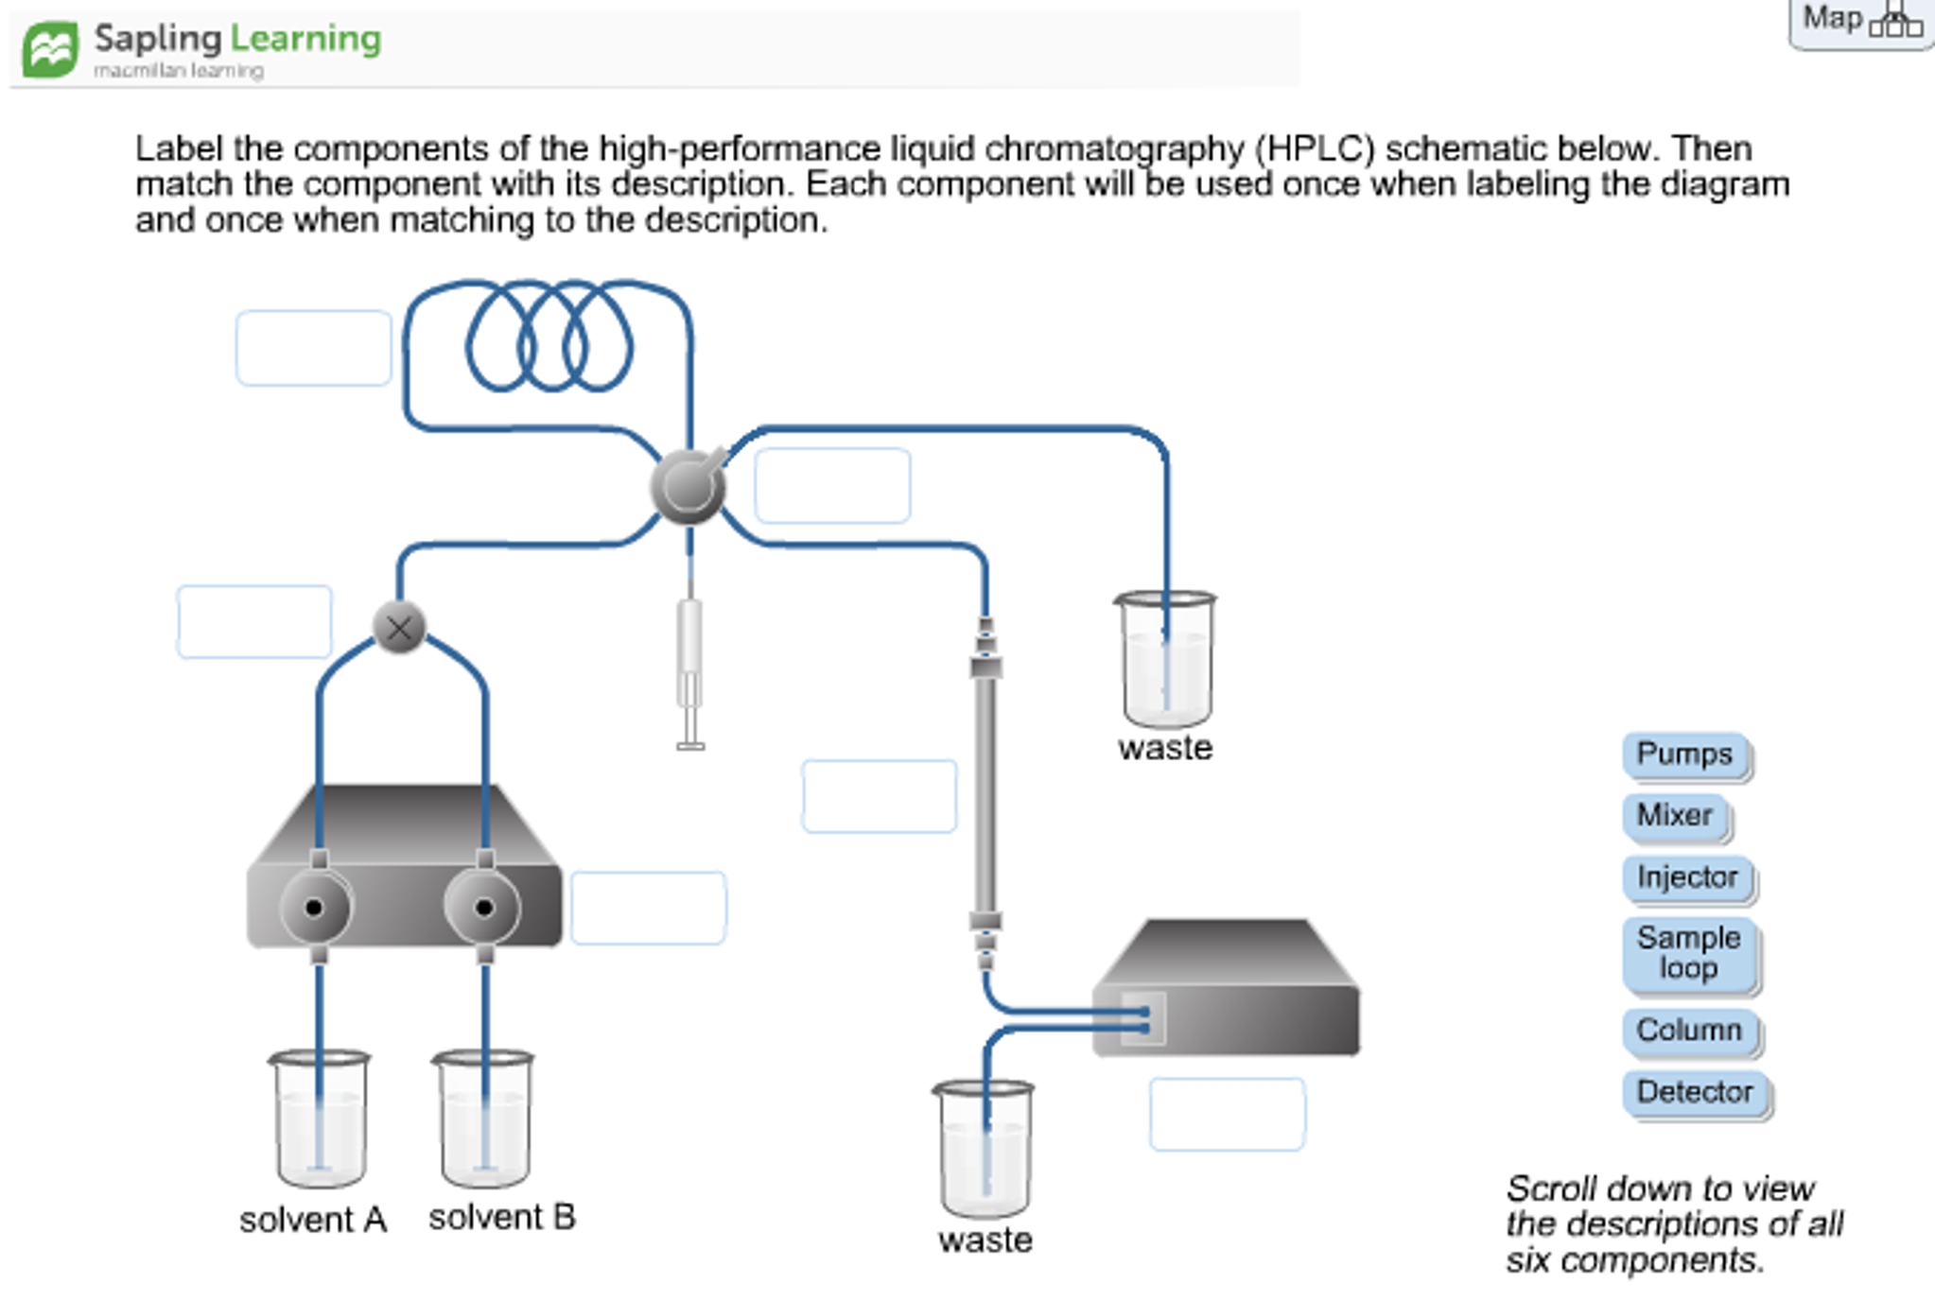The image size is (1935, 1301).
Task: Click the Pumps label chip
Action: tap(1684, 755)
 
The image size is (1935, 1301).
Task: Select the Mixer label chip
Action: tap(1674, 816)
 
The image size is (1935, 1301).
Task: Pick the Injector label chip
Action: tap(1687, 877)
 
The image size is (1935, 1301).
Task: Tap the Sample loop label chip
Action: tap(1689, 953)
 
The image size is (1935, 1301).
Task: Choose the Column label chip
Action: tap(1689, 1030)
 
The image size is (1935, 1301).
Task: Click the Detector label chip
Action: tap(1695, 1092)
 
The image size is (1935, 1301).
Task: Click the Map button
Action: tap(1858, 21)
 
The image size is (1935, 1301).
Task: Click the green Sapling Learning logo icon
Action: tap(50, 49)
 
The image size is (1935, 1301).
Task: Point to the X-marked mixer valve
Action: tap(399, 628)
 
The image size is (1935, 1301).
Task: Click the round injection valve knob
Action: tap(689, 487)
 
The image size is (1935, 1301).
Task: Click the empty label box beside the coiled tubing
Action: tap(313, 348)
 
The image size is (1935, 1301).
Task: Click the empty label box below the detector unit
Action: tap(1227, 1115)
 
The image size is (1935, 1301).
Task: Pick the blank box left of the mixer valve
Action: tap(253, 622)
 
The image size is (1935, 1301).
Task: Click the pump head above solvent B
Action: tap(483, 908)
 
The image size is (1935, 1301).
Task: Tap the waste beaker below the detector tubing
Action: tap(984, 1149)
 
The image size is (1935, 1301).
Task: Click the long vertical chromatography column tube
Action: tap(985, 794)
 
